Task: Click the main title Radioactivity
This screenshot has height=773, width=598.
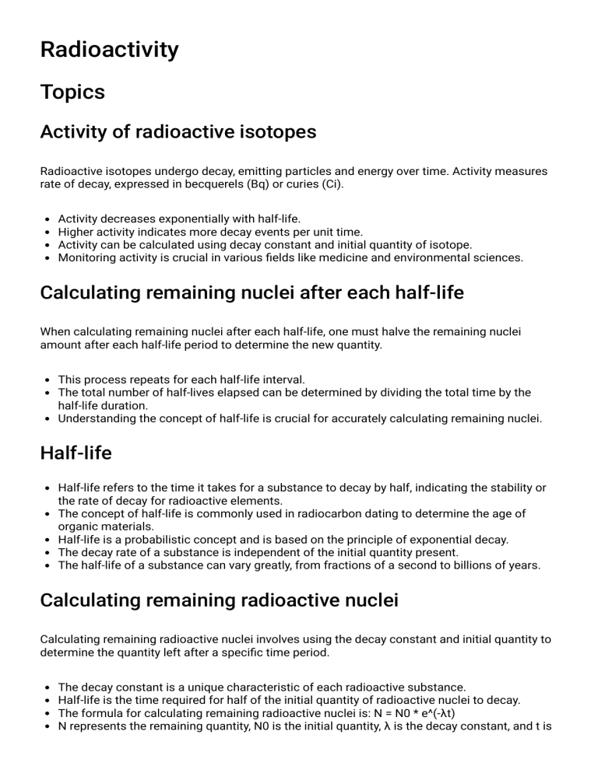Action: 109,50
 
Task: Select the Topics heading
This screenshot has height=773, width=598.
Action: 72,92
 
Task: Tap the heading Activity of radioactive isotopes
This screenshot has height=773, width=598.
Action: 178,131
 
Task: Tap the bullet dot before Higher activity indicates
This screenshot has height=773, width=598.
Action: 48,233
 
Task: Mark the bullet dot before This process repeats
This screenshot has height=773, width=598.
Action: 48,380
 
